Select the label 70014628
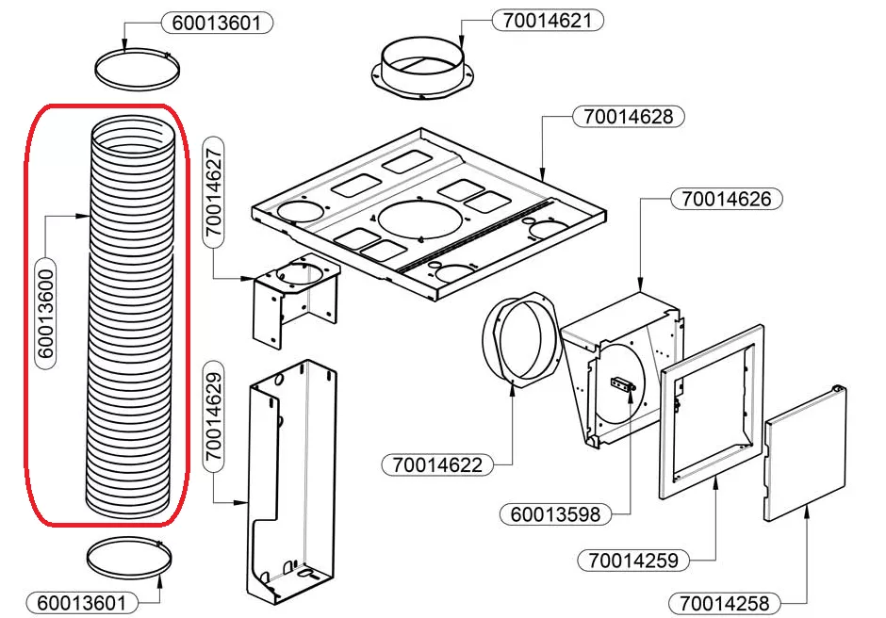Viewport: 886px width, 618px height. pos(629,117)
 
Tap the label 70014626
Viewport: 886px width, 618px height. pos(727,199)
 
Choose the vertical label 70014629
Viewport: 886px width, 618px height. pos(214,415)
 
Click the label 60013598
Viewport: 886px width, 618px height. pos(555,514)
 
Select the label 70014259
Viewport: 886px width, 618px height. pos(633,560)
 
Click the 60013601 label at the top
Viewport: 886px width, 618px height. pos(217,22)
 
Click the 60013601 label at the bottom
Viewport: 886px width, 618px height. pos(81,601)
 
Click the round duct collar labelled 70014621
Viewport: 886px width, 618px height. pos(422,66)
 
